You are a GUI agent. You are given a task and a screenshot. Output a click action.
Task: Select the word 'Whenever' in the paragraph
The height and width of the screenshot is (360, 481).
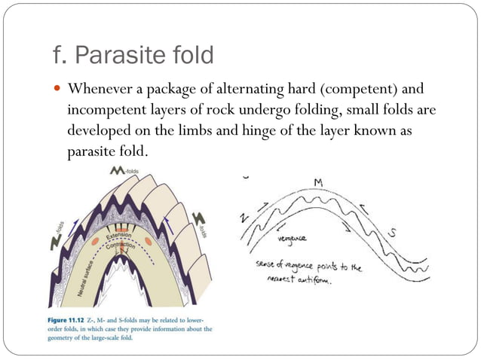pos(99,89)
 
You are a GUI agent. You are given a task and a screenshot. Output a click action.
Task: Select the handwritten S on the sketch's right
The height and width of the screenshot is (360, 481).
pos(392,233)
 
